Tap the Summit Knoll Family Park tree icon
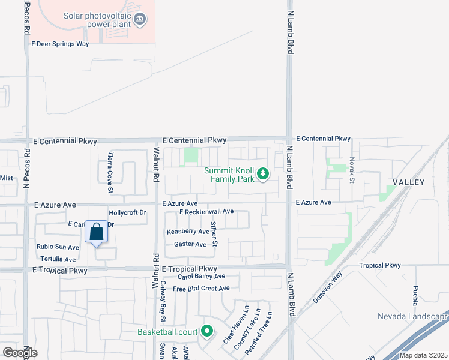pos(262,175)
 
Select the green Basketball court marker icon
pos(207,331)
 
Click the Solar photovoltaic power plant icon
pos(140,19)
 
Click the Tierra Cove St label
pos(110,172)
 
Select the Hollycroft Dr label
pos(127,213)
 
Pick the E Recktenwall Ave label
pos(206,211)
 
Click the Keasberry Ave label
pos(188,231)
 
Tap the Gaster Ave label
pos(190,244)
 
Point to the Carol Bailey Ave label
pos(200,276)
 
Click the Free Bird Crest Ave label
pos(201,289)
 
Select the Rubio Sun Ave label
pos(58,247)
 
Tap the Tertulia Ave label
pos(56,259)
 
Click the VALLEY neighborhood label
pos(408,182)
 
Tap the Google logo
pos(20,352)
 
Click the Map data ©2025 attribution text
pos(423,355)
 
